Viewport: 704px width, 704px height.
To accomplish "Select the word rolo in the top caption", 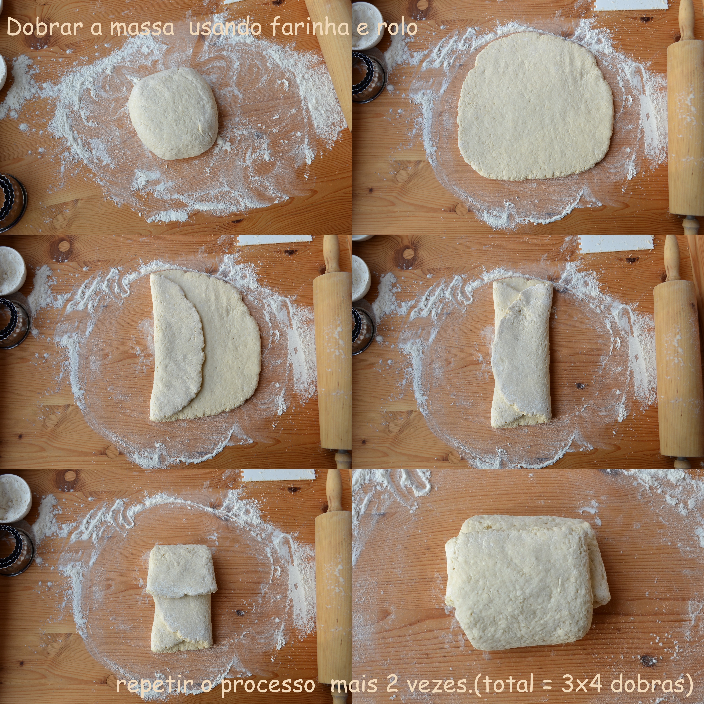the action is click(x=397, y=28).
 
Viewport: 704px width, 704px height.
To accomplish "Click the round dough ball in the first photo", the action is click(x=173, y=113).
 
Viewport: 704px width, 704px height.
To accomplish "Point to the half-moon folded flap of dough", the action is click(x=177, y=347).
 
